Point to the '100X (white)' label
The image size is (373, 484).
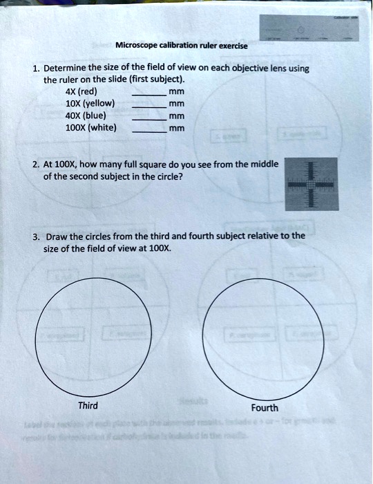[90, 127]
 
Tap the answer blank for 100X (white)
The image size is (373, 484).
[148, 131]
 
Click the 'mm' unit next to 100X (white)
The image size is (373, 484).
[177, 128]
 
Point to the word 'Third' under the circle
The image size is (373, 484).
[88, 405]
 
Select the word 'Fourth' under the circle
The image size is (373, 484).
[265, 408]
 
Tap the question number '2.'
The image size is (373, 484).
[35, 164]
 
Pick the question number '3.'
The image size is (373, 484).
[35, 235]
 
